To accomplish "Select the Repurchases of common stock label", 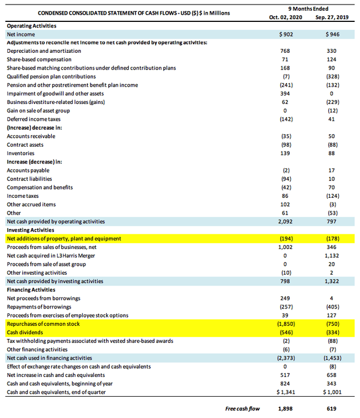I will click(x=43, y=324).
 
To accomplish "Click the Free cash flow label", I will click(x=242, y=408).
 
